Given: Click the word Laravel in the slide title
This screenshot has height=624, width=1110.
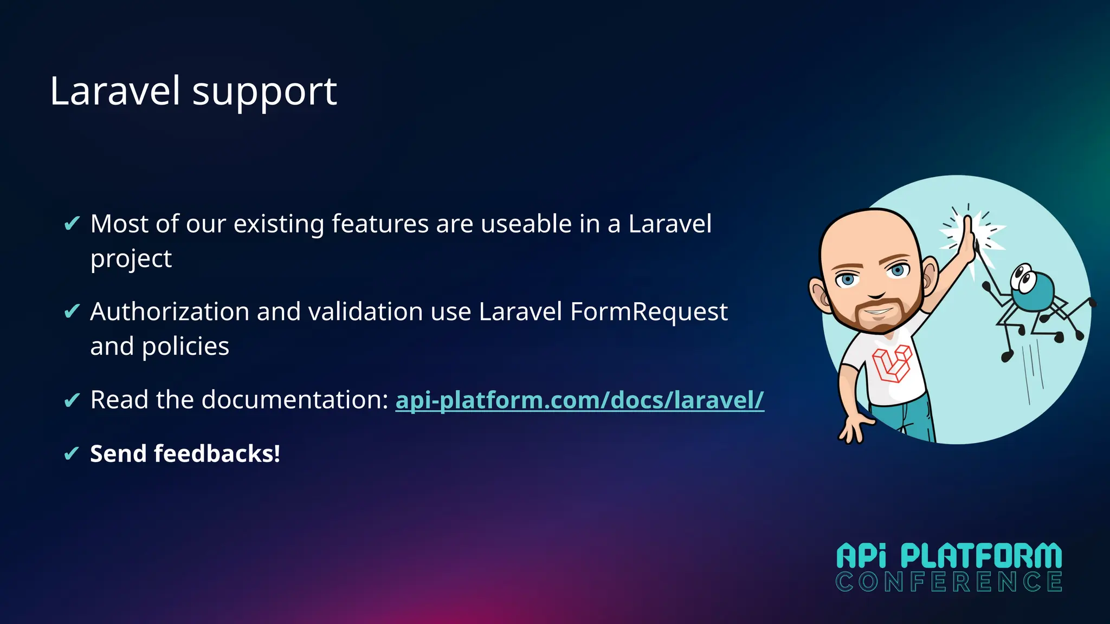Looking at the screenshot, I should (x=115, y=91).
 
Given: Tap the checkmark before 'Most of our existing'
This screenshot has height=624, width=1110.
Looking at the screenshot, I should (x=72, y=223).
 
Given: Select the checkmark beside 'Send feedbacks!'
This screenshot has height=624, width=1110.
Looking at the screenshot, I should (x=72, y=453).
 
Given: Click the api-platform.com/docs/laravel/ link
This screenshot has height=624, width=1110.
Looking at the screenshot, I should (x=579, y=400).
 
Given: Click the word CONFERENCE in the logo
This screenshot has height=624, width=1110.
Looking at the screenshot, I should (x=948, y=582).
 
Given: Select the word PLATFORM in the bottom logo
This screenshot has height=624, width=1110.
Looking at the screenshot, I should (x=981, y=556).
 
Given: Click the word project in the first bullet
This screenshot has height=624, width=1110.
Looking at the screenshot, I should (x=131, y=259).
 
